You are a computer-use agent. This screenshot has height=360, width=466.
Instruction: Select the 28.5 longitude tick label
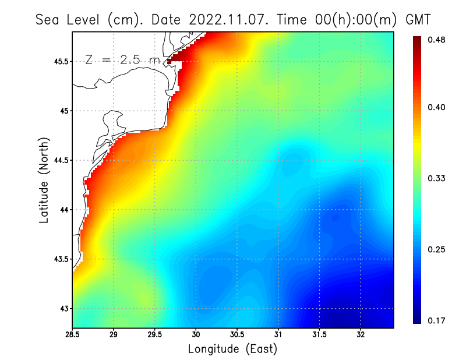click(x=73, y=336)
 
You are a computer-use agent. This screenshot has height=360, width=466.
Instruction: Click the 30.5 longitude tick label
click(x=237, y=336)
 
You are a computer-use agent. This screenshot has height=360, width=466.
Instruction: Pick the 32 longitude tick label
click(x=361, y=336)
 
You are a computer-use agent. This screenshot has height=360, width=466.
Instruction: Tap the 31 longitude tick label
click(x=278, y=336)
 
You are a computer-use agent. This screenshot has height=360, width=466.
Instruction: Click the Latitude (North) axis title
click(x=44, y=181)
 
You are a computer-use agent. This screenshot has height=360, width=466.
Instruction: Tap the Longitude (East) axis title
click(x=232, y=349)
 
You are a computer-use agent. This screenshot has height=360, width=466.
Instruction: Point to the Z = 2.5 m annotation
click(x=122, y=59)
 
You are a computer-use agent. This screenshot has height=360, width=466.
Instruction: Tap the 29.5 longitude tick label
click(x=155, y=336)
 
